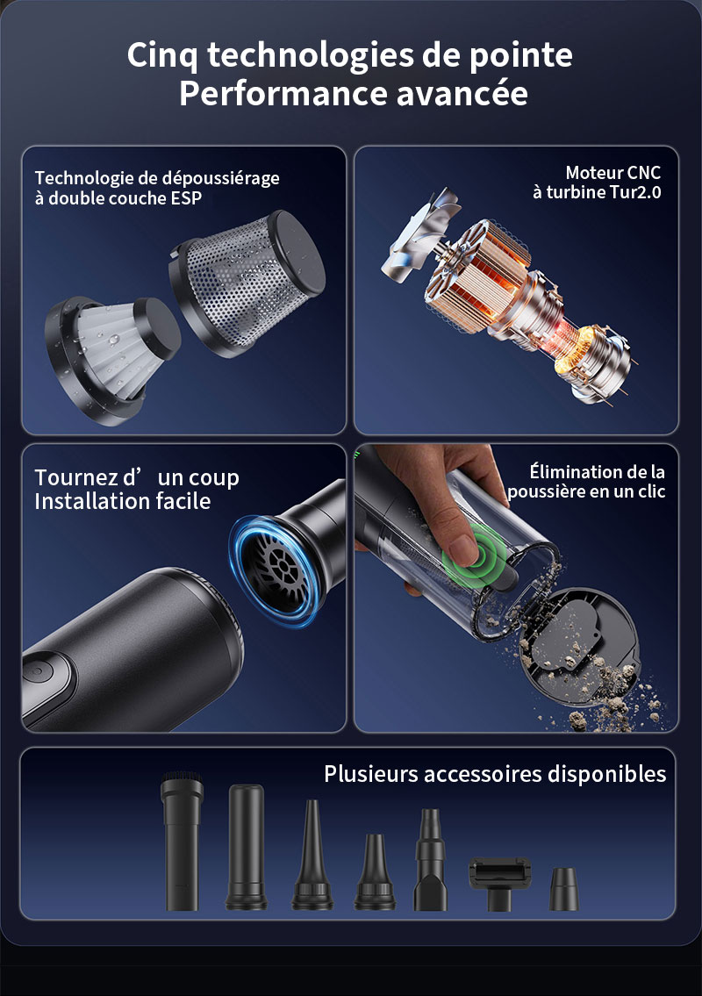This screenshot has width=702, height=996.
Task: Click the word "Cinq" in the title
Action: pyautogui.click(x=162, y=56)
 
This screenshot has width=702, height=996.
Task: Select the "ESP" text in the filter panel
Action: pyautogui.click(x=186, y=198)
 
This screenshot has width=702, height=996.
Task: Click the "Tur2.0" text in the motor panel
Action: pyautogui.click(x=635, y=192)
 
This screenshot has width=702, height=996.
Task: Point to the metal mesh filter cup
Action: pyautogui.click(x=247, y=282)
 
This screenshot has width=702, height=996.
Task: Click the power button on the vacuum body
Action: pyautogui.click(x=37, y=670)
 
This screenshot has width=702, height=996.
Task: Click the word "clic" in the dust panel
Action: pyautogui.click(x=648, y=491)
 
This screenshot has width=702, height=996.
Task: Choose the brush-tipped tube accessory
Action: pyautogui.click(x=182, y=841)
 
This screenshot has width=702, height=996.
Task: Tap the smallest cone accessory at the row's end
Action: pyautogui.click(x=564, y=889)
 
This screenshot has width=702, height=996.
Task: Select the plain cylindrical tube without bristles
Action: pyautogui.click(x=246, y=847)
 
